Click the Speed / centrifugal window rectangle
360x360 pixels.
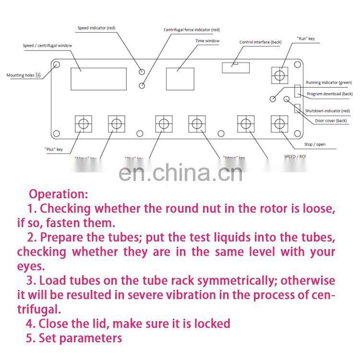[99, 79]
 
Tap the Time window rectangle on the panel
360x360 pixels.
[180, 76]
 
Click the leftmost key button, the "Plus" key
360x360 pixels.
[84, 124]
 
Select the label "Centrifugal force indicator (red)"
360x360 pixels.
[192, 30]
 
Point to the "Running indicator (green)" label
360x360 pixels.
[329, 83]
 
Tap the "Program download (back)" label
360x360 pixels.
[329, 94]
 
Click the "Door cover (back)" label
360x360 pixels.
[331, 120]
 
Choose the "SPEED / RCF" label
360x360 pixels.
[295, 156]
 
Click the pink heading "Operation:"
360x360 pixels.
[59, 194]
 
